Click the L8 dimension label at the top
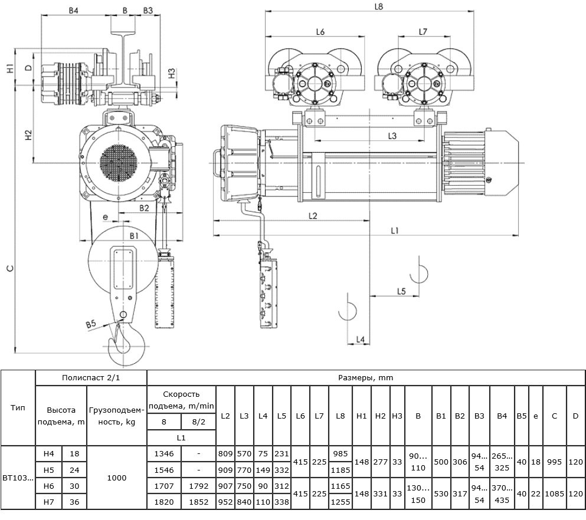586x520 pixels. [379, 6]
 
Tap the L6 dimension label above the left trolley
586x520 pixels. [320, 32]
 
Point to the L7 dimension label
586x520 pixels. [423, 32]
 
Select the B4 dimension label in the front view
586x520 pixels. [74, 11]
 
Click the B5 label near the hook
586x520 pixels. [91, 324]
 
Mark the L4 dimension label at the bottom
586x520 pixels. [360, 340]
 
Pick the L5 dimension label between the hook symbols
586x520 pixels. [401, 291]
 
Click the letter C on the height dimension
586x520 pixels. [11, 268]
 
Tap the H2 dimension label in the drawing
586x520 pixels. [28, 135]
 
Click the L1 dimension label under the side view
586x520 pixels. [395, 231]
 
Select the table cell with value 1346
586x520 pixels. [164, 453]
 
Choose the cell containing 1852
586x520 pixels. [198, 502]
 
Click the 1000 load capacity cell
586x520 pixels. [117, 478]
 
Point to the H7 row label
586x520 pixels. [49, 502]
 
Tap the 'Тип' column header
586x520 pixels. [18, 407]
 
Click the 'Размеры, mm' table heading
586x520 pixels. [365, 377]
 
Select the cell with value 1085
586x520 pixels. [554, 493]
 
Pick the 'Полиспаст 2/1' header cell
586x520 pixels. [91, 377]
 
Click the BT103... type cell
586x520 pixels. [18, 478]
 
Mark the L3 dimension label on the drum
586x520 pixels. [392, 136]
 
